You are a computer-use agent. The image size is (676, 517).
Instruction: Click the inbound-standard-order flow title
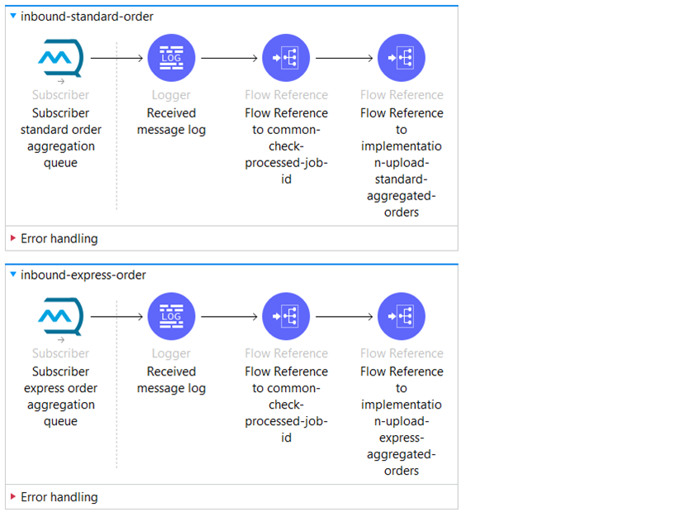tap(87, 17)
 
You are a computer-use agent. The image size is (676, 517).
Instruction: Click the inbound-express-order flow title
tap(83, 275)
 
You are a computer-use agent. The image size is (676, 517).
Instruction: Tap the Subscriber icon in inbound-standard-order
tap(60, 58)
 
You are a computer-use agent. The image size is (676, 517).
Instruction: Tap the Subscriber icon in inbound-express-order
tap(60, 317)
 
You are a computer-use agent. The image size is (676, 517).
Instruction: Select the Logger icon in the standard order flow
tap(171, 58)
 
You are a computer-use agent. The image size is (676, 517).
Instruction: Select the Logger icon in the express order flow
tap(171, 316)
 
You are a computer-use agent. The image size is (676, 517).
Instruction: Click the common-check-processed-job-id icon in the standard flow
tap(286, 58)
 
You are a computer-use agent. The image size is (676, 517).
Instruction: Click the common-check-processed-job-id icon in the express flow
tap(286, 316)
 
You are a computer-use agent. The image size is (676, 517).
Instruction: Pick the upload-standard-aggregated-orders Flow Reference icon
tap(402, 58)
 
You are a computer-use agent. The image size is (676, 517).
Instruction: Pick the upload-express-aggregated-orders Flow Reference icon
tap(402, 316)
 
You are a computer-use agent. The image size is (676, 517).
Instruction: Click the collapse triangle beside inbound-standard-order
tap(13, 16)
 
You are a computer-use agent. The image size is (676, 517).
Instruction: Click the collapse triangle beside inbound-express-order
tap(13, 275)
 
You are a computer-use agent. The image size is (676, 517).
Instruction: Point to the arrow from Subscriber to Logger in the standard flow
tap(117, 58)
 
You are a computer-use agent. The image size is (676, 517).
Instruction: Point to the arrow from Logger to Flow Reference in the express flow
tap(229, 316)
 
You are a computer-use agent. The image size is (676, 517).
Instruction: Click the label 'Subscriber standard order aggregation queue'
tap(61, 138)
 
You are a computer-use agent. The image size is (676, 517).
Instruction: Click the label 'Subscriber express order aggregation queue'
tap(61, 396)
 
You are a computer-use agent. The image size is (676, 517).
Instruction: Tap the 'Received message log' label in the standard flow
tap(171, 122)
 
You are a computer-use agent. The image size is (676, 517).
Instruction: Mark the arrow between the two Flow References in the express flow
tap(344, 316)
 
